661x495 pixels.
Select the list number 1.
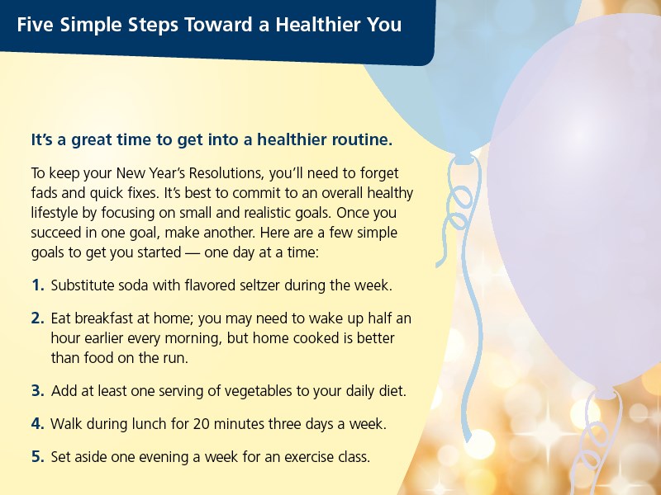pos(37,285)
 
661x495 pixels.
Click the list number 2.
pos(37,318)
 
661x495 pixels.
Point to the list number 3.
pos(37,389)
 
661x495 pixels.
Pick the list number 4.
pos(37,424)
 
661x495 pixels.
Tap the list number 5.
pos(37,455)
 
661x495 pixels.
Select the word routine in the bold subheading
pos(361,139)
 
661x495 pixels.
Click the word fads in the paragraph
pos(44,194)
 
